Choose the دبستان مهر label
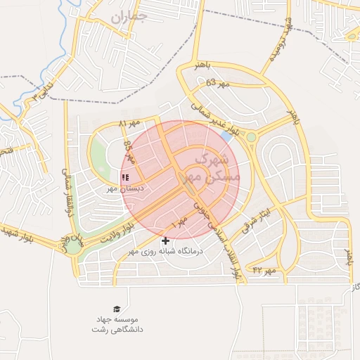(125, 188)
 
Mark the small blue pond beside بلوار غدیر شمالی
(226, 134)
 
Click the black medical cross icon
(165, 240)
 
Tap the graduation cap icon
(116, 309)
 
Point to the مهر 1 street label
(180, 223)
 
